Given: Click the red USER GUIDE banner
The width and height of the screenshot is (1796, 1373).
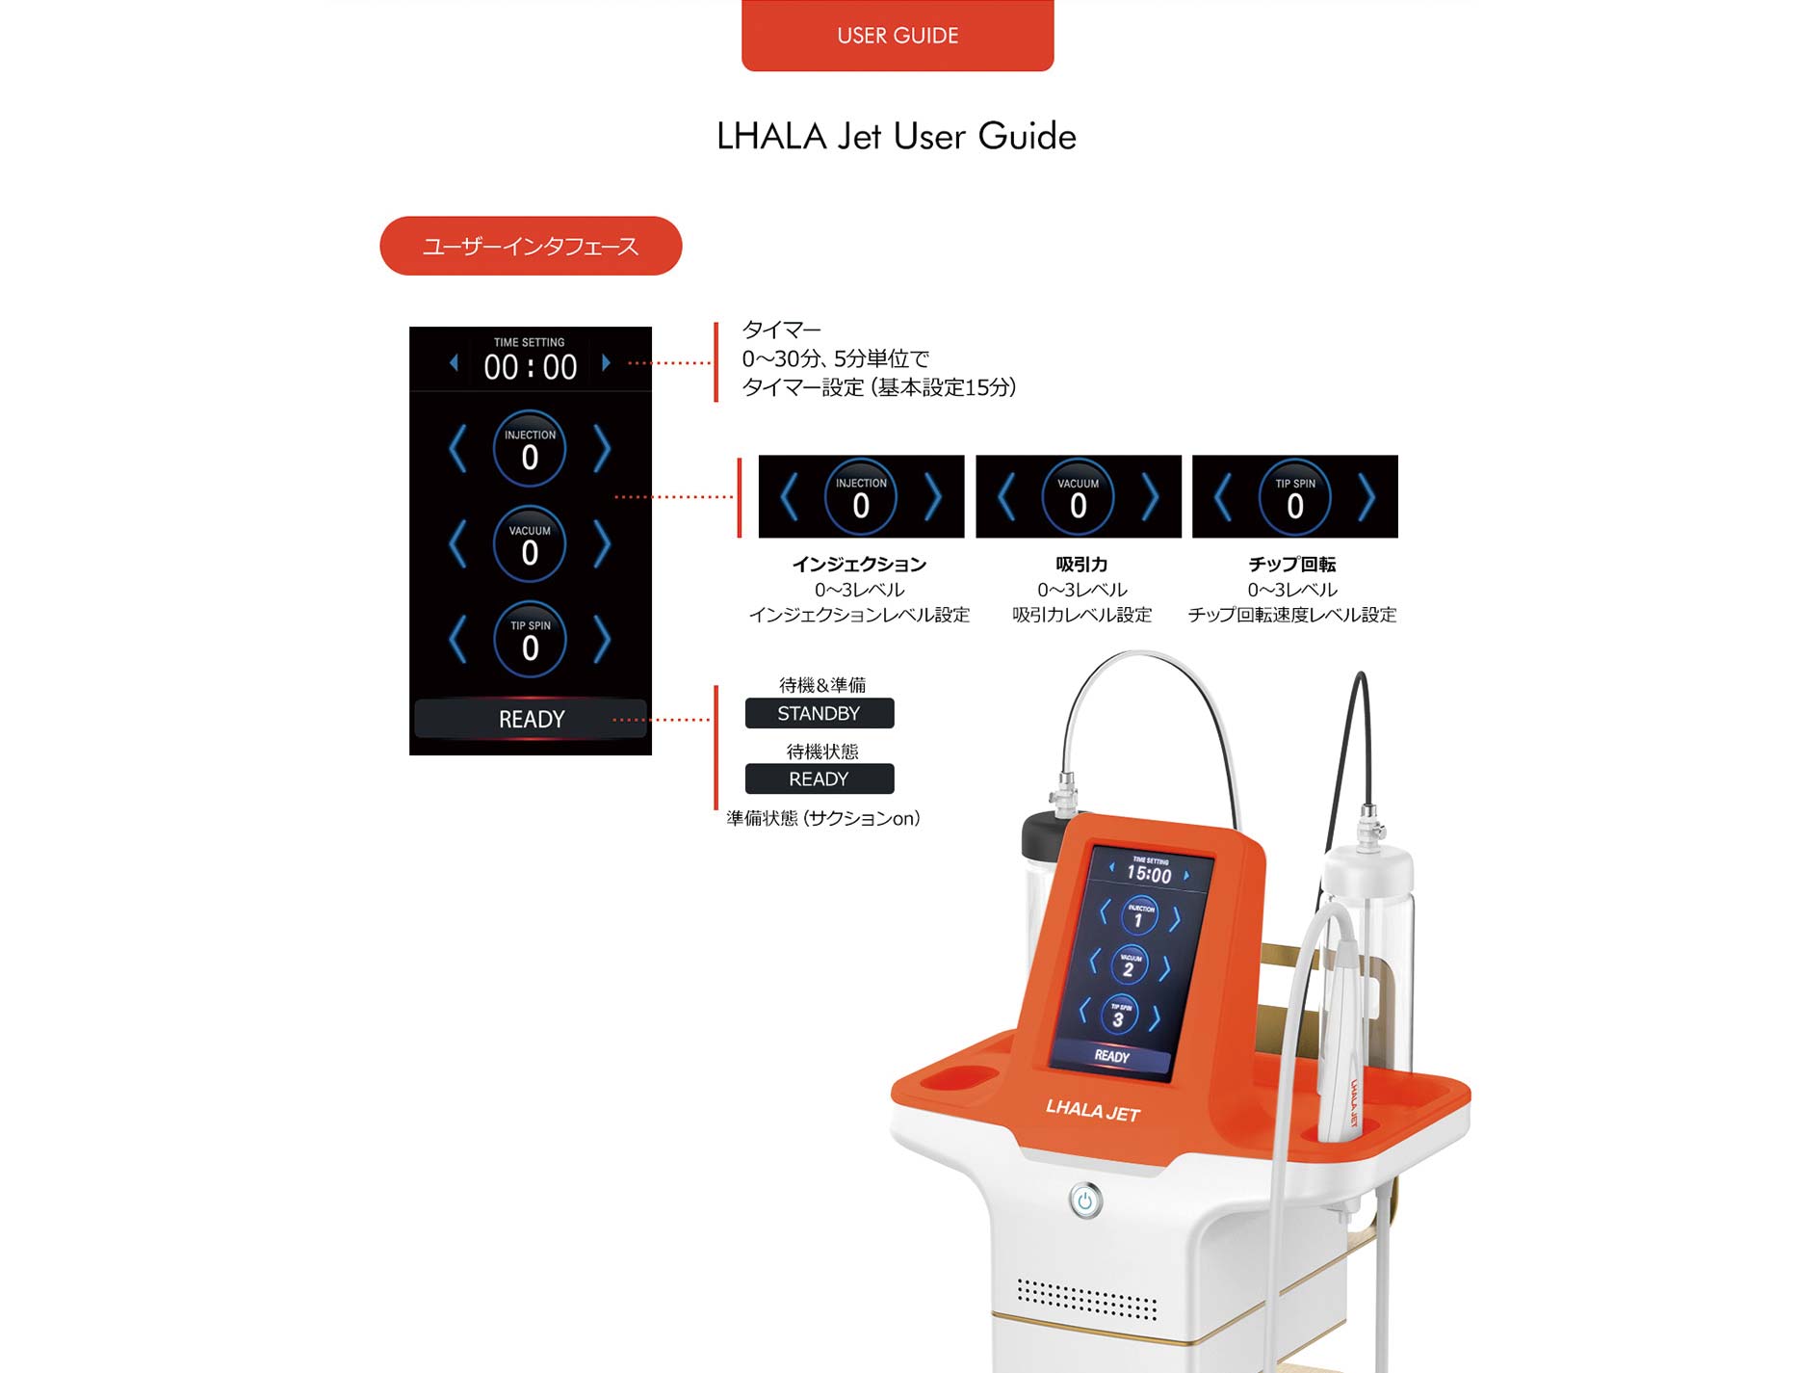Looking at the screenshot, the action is (x=898, y=35).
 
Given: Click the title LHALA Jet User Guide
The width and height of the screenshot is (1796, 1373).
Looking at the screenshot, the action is (x=897, y=137).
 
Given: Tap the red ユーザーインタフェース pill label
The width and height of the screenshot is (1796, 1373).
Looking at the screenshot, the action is (x=531, y=246).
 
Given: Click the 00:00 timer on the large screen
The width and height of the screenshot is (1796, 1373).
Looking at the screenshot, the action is (x=531, y=367).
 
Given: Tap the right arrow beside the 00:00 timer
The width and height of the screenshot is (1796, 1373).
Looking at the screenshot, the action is (x=606, y=363).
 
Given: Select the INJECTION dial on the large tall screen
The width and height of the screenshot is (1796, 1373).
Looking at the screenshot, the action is (x=530, y=448).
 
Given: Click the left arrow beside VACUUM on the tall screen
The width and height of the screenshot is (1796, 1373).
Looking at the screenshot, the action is (x=458, y=543).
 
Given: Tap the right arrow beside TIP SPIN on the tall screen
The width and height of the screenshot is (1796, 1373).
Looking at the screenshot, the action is (x=602, y=639).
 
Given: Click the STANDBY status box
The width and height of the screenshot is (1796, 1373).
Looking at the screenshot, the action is (x=820, y=713).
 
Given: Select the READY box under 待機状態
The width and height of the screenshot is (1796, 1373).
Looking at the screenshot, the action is (x=820, y=779).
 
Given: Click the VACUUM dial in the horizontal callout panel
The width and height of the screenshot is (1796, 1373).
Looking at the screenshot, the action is (x=1079, y=496).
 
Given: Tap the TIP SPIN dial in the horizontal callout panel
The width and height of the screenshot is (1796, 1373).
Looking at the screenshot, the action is (x=1295, y=496).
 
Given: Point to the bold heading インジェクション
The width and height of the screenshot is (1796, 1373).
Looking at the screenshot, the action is (x=859, y=565).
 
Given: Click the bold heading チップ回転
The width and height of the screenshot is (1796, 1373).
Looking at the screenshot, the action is (x=1292, y=565).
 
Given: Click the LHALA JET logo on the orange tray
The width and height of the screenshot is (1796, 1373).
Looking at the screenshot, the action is (x=1093, y=1111).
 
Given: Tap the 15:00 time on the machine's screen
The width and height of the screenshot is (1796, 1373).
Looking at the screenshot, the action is (x=1149, y=874).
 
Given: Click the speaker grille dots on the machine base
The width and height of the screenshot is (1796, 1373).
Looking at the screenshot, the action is (x=1087, y=1300).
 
